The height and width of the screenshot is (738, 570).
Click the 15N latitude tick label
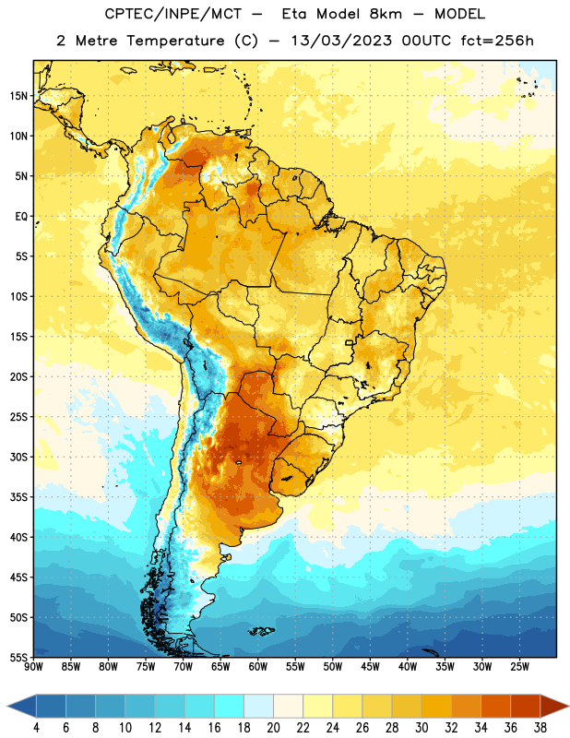point(18,96)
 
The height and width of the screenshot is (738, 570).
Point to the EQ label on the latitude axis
point(21,217)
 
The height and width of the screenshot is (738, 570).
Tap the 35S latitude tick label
point(18,497)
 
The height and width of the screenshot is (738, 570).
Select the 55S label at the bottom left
point(18,657)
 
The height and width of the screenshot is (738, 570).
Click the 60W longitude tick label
point(258,667)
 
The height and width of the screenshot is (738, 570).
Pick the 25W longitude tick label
point(519,667)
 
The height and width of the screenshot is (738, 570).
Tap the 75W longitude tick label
point(146,667)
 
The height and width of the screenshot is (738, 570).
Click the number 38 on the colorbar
point(540,728)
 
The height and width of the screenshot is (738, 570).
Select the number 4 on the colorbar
point(36,728)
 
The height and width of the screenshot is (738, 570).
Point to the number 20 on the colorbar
point(273,728)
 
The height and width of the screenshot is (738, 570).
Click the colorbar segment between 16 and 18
point(230,706)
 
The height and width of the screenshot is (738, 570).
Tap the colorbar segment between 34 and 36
point(496,706)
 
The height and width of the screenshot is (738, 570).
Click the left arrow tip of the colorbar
point(7,707)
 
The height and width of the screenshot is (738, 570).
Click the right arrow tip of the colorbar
point(568,707)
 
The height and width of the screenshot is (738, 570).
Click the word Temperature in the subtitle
point(175,41)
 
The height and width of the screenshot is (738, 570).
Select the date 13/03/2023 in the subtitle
point(341,41)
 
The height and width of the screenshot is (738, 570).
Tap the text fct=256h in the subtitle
point(497,41)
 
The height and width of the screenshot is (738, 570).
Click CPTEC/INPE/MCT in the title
point(172,14)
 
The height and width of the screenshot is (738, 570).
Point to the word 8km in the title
point(386,14)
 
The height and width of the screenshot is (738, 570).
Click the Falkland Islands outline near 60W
point(261,631)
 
